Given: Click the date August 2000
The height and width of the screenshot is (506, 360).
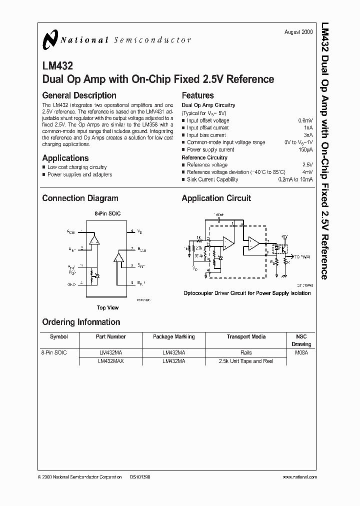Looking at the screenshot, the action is coord(298,32).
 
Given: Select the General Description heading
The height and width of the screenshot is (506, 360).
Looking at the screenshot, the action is coord(79,95).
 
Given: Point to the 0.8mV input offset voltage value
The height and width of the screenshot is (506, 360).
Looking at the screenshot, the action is coord(305,120).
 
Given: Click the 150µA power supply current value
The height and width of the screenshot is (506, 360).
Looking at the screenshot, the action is coord(305,149).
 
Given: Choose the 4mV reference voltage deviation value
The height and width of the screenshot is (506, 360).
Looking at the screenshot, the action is coord(307,172).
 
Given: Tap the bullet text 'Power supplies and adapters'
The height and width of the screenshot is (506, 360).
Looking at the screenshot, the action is coord(79,174).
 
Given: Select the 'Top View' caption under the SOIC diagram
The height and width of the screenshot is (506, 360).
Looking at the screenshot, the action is coord(107,308).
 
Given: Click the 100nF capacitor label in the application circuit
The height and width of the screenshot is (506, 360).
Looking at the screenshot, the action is coord(218,214).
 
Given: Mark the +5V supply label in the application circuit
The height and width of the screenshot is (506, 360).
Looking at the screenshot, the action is coord(284,235).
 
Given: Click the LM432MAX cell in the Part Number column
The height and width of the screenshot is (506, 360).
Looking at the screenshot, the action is coord(111,361).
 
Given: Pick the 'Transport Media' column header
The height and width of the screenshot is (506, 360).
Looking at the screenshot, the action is coord(246,336).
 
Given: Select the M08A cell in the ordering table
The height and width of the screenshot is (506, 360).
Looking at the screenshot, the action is coord(301,352).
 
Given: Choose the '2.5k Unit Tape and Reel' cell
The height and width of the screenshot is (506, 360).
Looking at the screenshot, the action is coord(246,361).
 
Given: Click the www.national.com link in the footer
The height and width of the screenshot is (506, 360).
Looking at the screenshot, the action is coord(298,477).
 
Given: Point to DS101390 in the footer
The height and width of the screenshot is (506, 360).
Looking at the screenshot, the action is coord(140,477).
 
